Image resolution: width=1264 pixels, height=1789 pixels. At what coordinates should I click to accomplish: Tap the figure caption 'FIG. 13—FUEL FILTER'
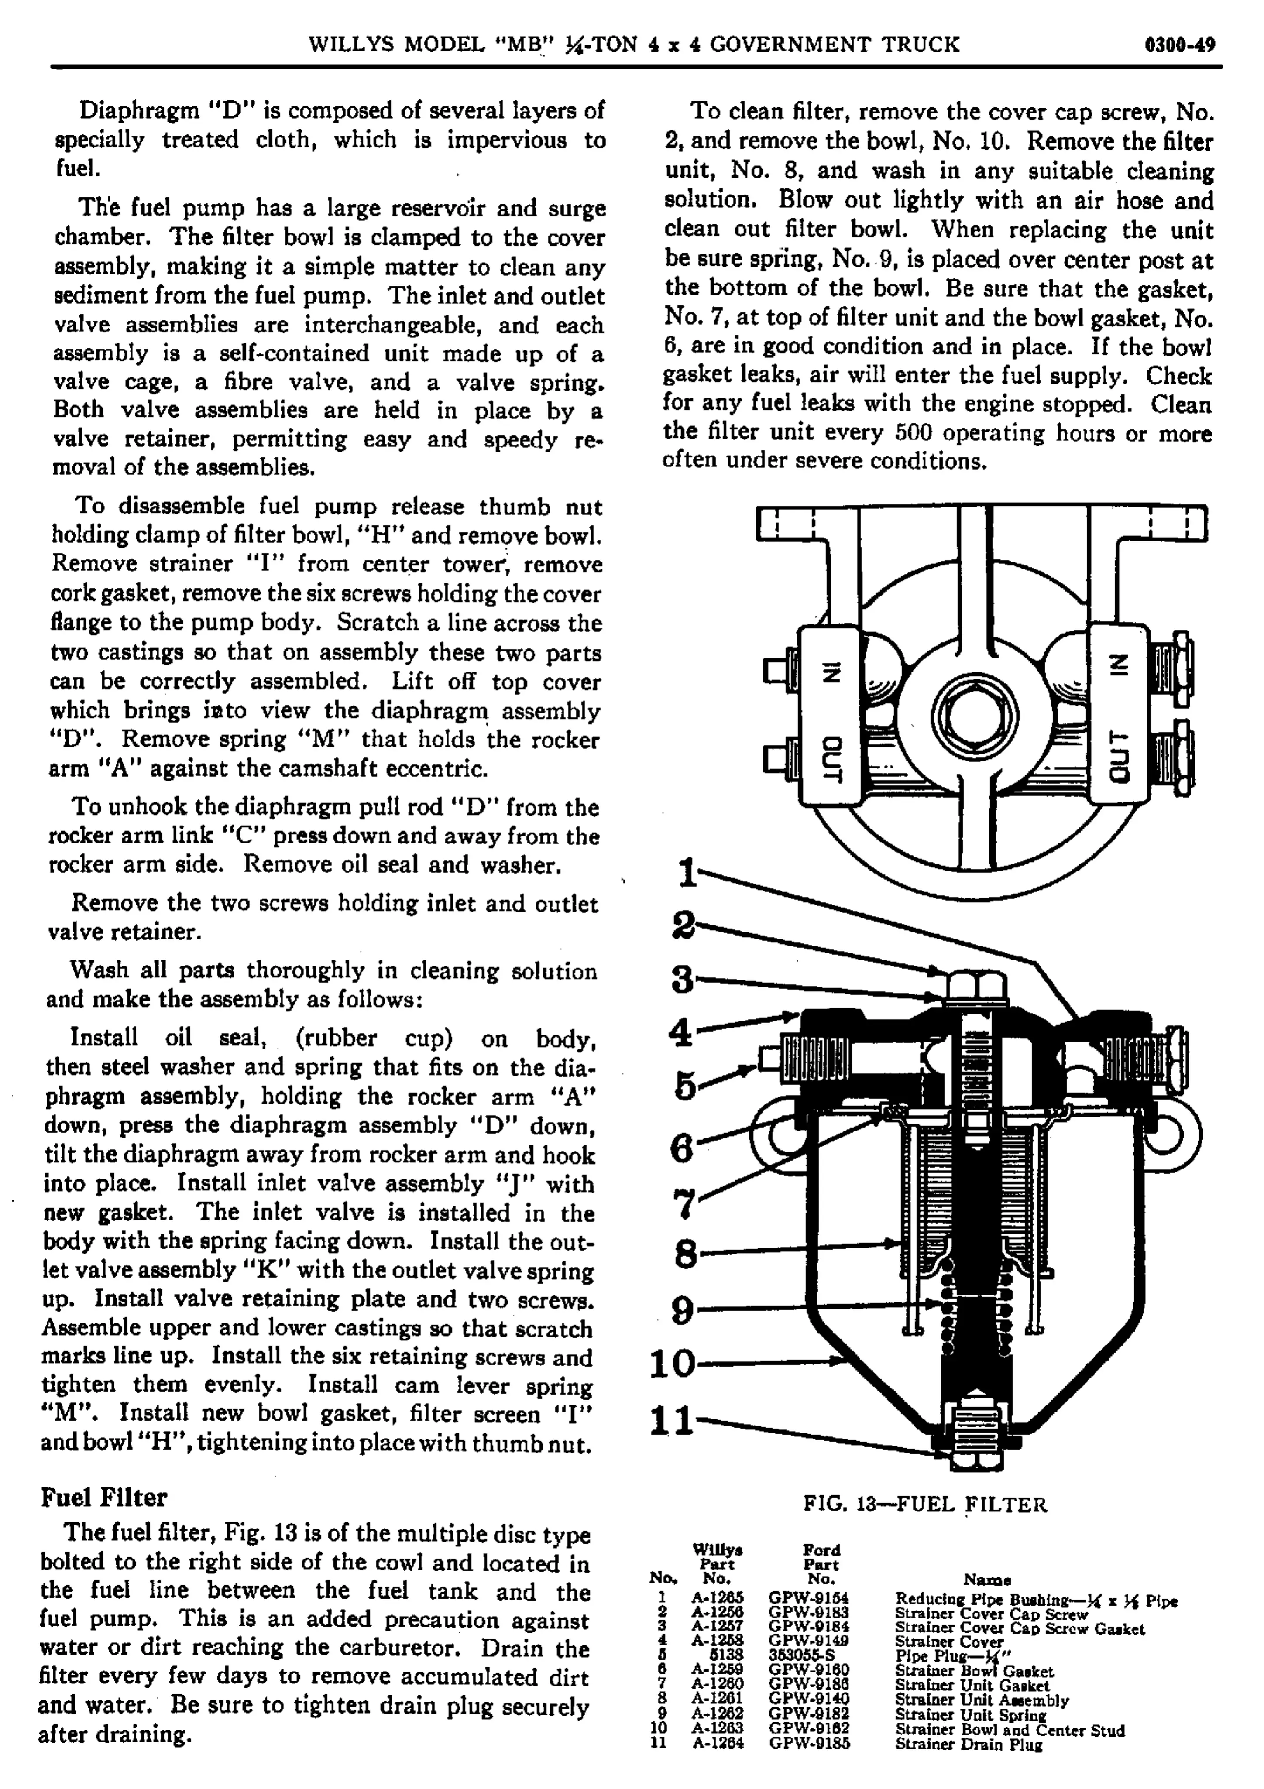925,1504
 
